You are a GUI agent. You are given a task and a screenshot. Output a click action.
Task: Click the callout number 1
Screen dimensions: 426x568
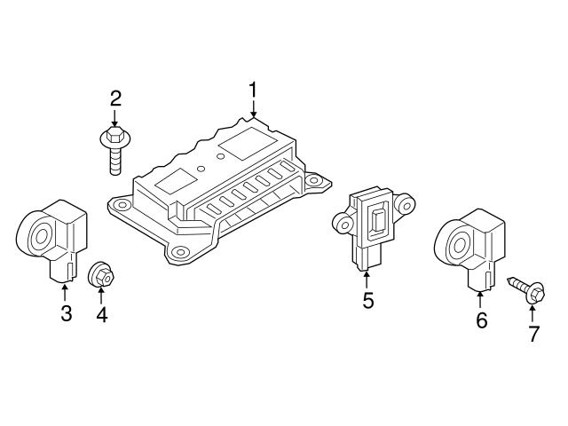coord(253,91)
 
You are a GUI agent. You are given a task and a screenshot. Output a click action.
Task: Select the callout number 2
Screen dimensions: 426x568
coord(115,99)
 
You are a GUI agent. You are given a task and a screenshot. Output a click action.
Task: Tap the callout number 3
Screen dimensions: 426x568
coord(66,313)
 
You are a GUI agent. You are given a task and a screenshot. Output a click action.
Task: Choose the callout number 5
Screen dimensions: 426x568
coord(368,301)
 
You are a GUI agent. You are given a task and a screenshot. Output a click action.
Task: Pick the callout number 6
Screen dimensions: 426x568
coord(482,320)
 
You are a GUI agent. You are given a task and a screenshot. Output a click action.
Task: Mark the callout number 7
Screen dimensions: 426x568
coord(533,334)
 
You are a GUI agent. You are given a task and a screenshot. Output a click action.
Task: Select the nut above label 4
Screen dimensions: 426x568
coord(100,276)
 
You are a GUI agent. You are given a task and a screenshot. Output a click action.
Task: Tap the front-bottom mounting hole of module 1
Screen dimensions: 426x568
coord(179,253)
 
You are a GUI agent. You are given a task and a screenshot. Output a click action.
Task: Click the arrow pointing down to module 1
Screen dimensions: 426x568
coord(253,110)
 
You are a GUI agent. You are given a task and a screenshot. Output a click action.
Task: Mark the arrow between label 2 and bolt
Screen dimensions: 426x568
coord(115,119)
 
